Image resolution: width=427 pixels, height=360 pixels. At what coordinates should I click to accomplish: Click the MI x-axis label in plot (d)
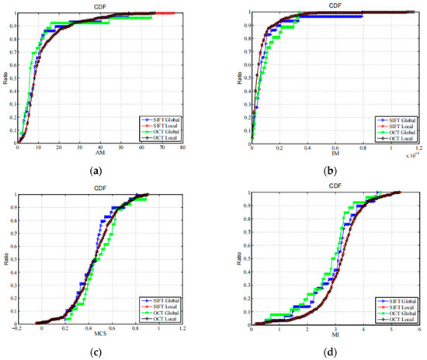click(334, 334)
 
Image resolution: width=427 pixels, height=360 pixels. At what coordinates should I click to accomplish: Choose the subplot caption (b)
click(334, 170)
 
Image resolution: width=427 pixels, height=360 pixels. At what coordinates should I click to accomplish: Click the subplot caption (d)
click(334, 354)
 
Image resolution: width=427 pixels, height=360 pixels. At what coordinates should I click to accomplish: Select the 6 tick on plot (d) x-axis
click(419, 329)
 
